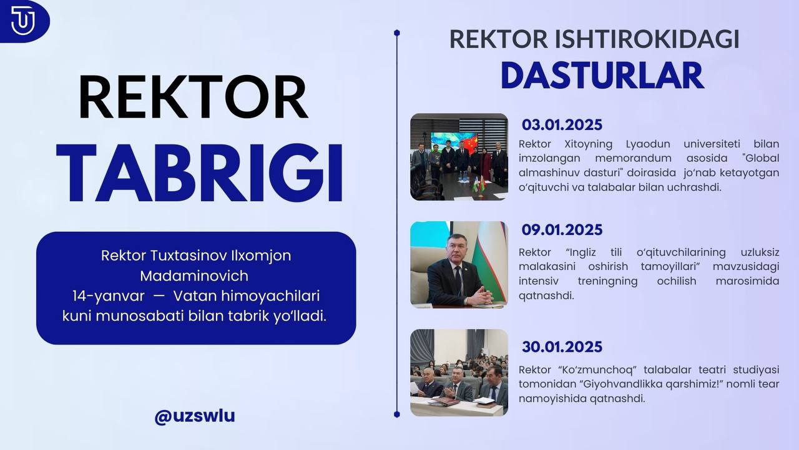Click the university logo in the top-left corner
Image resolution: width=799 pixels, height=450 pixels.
click(x=23, y=21)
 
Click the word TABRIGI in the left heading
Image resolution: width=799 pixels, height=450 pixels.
click(x=200, y=173)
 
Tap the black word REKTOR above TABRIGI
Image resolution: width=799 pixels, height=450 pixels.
click(x=194, y=97)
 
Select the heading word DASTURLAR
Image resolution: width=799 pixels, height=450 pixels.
click(x=602, y=76)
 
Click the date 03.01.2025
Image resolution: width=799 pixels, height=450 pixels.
click(x=562, y=125)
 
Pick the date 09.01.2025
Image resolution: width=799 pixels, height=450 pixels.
click(x=562, y=229)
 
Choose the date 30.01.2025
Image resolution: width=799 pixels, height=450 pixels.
click(x=562, y=347)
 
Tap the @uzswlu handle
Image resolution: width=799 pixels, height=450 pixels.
click(x=195, y=416)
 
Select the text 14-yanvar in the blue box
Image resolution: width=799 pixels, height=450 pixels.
click(x=109, y=296)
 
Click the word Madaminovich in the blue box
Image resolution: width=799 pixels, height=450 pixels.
click(x=194, y=276)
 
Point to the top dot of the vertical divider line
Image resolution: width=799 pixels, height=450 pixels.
click(x=396, y=33)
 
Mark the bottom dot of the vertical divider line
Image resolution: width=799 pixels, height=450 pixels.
click(x=396, y=414)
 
